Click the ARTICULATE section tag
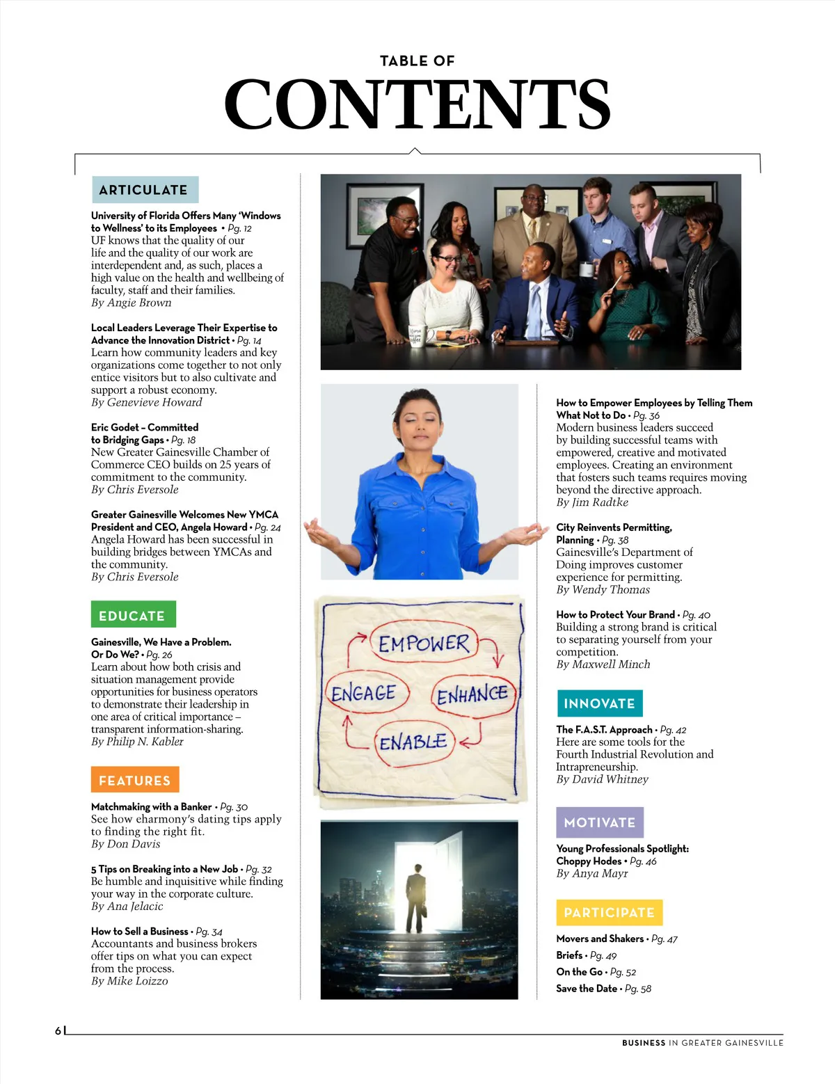144,190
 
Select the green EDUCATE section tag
132,615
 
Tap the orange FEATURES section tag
134,780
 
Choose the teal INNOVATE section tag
599,703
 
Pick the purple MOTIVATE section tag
599,822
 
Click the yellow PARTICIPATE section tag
609,912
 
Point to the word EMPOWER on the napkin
424,643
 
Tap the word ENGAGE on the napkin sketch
363,693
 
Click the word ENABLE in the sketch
413,742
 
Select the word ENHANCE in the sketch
472,694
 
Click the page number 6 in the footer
58,1031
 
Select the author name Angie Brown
139,303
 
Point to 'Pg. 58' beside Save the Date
638,989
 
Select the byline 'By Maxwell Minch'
603,664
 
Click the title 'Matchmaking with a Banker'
151,806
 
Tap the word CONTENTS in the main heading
417,104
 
